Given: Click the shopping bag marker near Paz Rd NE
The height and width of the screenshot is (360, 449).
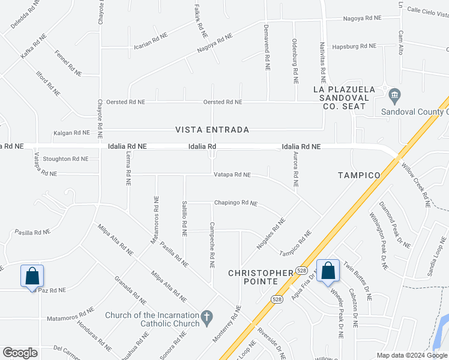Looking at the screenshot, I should click(32, 277).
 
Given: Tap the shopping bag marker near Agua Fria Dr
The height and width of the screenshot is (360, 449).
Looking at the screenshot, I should click(328, 271).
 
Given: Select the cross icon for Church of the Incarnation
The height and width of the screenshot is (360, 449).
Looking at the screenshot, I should click(206, 317).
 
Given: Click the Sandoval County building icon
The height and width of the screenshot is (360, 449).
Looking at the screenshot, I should click(394, 95).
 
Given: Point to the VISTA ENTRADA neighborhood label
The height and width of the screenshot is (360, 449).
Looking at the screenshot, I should click(212, 130).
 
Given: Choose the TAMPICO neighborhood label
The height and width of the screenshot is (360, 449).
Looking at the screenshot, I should click(359, 175).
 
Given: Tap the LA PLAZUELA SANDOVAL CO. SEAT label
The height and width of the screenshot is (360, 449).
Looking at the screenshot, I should click(344, 97).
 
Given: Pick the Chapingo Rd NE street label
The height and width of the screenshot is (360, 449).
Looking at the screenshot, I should click(236, 203).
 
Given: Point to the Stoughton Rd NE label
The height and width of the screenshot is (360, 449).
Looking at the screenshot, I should click(65, 159).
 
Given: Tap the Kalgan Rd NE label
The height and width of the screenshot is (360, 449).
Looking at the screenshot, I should click(71, 133).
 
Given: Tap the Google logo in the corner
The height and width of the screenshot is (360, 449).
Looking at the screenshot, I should click(20, 353).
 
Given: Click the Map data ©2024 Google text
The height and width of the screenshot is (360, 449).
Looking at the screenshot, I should click(411, 355).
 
